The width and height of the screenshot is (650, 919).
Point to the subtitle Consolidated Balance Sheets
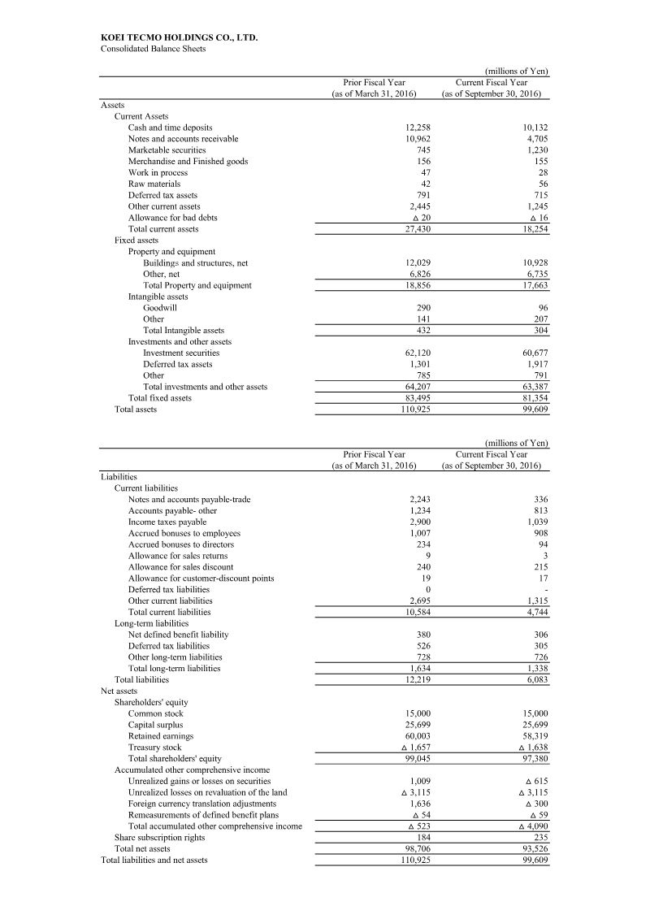click(x=153, y=49)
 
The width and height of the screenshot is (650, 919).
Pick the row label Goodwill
click(x=160, y=308)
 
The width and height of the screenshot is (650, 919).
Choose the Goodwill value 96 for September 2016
click(x=542, y=308)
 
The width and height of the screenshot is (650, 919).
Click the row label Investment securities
click(x=181, y=353)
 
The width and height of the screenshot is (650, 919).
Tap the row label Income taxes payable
click(x=167, y=522)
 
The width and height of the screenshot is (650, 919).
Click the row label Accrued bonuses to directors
click(x=181, y=544)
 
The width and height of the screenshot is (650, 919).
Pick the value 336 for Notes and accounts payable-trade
click(x=539, y=499)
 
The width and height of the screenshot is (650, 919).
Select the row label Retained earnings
click(x=161, y=736)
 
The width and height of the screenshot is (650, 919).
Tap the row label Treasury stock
click(x=155, y=748)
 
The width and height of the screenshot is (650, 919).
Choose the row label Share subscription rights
click(x=159, y=838)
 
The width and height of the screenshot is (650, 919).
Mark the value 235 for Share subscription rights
click(x=539, y=838)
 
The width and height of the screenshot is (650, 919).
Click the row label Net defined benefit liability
click(x=179, y=635)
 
